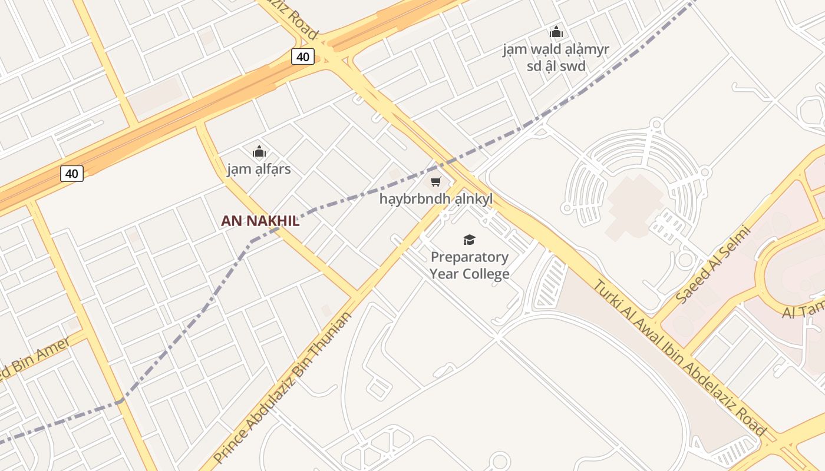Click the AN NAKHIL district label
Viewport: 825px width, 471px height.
click(260, 221)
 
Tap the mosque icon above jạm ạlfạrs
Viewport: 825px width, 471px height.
click(259, 152)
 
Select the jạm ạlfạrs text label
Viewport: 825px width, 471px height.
click(259, 170)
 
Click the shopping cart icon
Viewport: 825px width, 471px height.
click(435, 181)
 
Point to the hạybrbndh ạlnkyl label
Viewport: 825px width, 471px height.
click(435, 199)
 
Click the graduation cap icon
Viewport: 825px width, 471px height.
click(469, 240)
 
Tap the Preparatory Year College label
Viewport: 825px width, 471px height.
click(469, 265)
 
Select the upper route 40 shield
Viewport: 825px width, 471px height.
click(302, 57)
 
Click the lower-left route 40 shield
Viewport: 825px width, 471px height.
click(71, 173)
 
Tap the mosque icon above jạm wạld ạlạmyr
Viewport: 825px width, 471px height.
click(556, 32)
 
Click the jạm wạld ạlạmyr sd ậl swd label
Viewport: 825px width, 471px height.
click(556, 57)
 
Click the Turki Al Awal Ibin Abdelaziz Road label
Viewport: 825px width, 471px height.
click(678, 358)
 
